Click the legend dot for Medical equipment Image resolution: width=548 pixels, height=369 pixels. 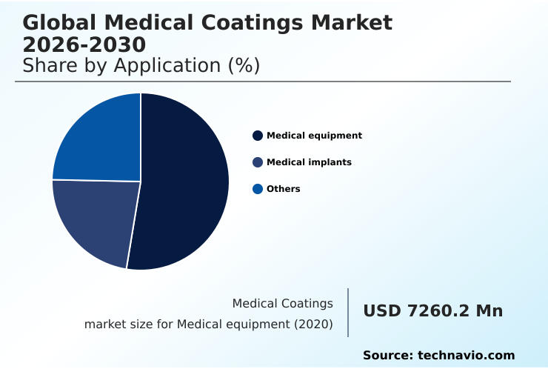(258, 136)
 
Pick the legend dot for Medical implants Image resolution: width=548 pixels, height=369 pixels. (258, 162)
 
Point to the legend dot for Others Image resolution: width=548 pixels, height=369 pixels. (258, 189)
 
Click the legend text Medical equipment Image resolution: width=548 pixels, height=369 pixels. (314, 136)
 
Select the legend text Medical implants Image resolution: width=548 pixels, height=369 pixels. (309, 162)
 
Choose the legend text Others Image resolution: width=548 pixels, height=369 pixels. (284, 189)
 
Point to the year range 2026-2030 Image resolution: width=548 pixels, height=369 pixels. (84, 44)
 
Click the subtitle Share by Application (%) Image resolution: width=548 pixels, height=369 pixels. (141, 66)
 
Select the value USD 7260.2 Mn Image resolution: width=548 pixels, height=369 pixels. (432, 311)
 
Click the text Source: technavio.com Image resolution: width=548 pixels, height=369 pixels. (438, 356)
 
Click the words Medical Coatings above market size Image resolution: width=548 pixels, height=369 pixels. (282, 304)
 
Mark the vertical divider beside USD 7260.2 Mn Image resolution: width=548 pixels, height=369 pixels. (348, 313)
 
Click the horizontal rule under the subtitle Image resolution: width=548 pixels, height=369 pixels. (263, 82)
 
